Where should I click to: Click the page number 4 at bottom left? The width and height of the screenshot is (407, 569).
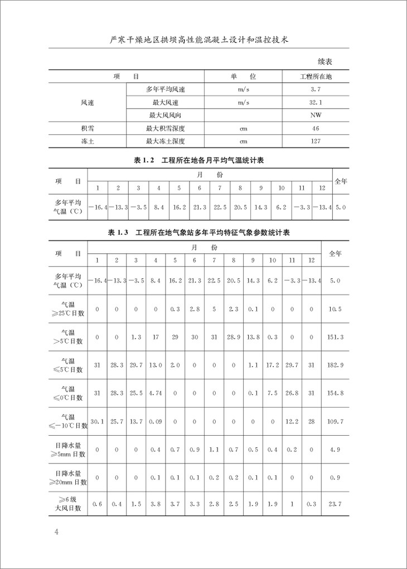tap(56, 531)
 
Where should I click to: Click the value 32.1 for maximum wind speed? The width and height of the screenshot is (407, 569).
tap(316, 103)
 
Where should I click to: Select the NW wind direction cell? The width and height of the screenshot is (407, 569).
tap(316, 115)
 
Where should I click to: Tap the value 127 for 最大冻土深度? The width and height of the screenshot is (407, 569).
tap(316, 141)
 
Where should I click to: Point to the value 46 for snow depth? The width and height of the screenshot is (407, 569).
tap(316, 128)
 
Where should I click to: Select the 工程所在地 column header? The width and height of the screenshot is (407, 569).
tap(316, 76)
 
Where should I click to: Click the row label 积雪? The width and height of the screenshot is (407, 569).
tap(88, 128)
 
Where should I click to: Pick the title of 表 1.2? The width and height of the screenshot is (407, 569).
tap(199, 161)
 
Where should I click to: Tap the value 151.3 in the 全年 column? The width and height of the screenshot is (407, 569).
tap(336, 337)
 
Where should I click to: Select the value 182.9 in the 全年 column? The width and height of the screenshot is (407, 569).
tap(336, 365)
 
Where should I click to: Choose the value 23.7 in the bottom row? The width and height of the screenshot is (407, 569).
tap(336, 504)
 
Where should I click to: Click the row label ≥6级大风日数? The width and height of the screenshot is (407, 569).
tap(71, 504)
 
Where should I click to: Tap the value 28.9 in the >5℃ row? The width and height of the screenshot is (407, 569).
tap(234, 337)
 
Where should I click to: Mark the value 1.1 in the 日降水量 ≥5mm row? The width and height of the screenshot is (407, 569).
tap(215, 449)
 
